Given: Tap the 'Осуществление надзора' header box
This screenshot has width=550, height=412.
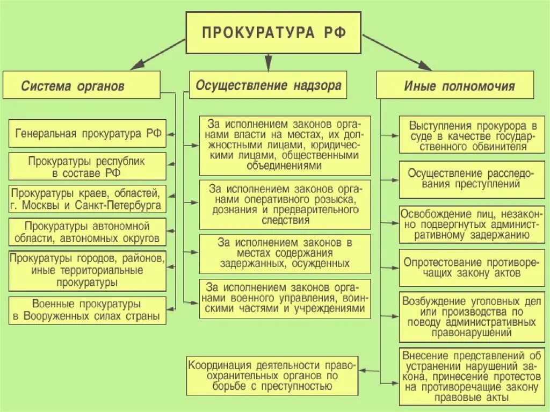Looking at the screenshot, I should [x=268, y=85].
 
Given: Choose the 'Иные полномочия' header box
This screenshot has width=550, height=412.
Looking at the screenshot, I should [x=455, y=85].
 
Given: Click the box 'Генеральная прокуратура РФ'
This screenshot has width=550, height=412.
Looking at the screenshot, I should [x=88, y=133].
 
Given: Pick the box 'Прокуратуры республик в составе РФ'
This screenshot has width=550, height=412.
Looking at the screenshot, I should [x=88, y=166].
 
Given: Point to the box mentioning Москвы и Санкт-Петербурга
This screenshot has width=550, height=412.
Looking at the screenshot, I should [x=88, y=199].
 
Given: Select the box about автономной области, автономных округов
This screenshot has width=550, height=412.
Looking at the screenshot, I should [x=88, y=232].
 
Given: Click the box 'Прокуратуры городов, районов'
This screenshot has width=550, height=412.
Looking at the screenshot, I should [x=88, y=269].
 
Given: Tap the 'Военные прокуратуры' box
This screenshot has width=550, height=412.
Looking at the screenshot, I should [x=88, y=310].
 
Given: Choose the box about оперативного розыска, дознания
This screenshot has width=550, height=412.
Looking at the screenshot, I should [x=285, y=205].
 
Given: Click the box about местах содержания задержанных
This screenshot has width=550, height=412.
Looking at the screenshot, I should [x=285, y=252].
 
